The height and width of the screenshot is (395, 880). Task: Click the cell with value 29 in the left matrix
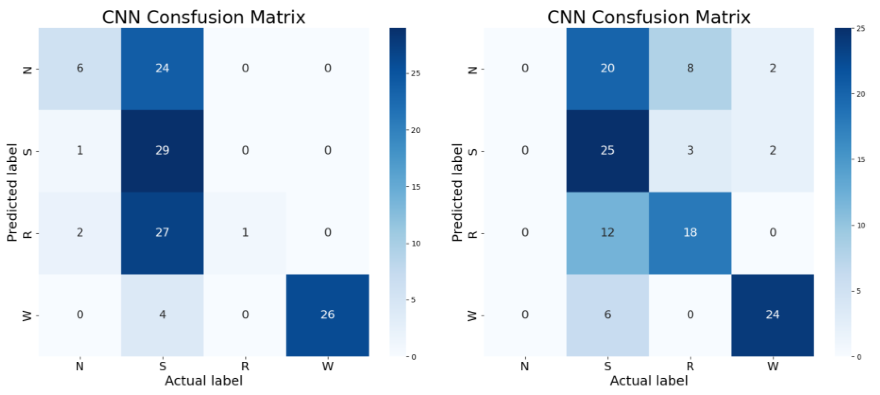tap(162, 151)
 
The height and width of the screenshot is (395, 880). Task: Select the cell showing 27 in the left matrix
tap(162, 233)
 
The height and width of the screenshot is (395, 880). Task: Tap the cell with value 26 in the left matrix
tap(327, 315)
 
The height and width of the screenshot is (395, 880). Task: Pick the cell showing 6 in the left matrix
tap(80, 68)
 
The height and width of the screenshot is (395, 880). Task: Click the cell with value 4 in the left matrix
tap(162, 315)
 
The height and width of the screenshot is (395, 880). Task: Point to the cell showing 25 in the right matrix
tap(608, 151)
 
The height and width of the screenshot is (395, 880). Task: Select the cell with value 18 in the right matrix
tap(690, 233)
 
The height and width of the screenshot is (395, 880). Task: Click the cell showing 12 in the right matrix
tap(608, 233)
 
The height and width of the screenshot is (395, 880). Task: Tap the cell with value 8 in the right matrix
tap(690, 68)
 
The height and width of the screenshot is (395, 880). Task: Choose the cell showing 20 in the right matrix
tap(608, 68)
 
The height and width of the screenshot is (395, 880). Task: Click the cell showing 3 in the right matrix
tap(690, 151)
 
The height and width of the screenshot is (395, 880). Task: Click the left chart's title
tap(204, 17)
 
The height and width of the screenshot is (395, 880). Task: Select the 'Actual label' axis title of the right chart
tap(649, 381)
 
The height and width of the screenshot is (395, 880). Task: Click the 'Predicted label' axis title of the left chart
tap(12, 192)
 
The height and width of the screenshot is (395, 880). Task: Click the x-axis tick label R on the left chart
tap(245, 366)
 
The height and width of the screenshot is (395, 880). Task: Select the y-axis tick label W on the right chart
tap(472, 315)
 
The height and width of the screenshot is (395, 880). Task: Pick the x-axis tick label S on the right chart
tap(608, 366)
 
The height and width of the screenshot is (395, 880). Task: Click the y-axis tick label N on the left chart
tap(28, 70)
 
